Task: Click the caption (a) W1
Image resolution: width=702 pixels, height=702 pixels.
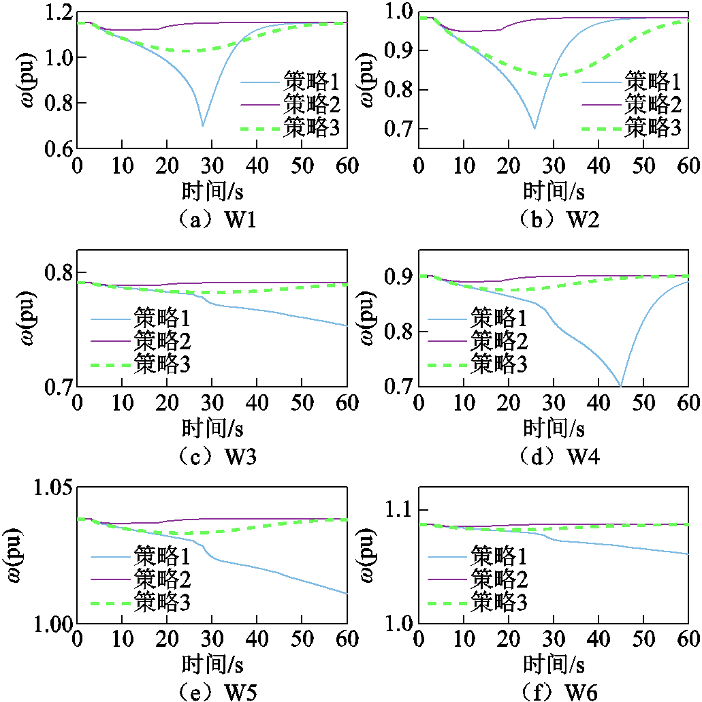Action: (x=212, y=221)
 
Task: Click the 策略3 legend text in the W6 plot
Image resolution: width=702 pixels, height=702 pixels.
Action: (x=500, y=601)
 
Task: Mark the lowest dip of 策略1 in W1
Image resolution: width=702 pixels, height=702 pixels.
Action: (x=203, y=125)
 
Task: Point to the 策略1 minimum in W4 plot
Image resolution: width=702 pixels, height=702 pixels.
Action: (x=620, y=385)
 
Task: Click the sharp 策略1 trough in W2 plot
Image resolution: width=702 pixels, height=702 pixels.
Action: (x=535, y=128)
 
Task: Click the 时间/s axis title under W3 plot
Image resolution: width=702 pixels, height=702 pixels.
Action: (x=212, y=430)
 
